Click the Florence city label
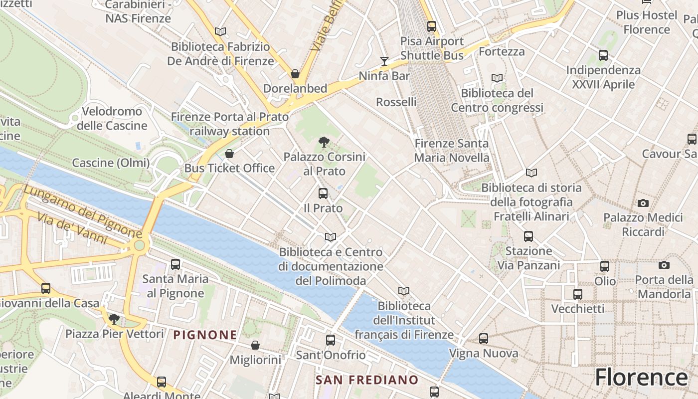[x=641, y=377]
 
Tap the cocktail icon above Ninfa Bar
[x=384, y=61]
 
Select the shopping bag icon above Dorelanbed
[x=295, y=74]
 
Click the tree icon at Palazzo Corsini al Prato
[x=324, y=142]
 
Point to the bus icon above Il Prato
[x=323, y=194]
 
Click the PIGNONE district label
[x=205, y=335]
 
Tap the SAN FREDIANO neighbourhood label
[x=367, y=380]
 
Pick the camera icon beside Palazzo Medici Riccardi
[x=643, y=203]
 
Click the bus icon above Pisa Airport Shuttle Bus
[x=432, y=26]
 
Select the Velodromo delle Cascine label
[x=112, y=118]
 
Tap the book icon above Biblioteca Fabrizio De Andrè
[x=220, y=32]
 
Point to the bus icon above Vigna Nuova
[x=484, y=339]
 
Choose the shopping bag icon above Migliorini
[x=255, y=345]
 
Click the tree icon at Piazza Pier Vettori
[x=114, y=319]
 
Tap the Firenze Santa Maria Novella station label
[x=452, y=151]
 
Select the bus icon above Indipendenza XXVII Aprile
[x=603, y=55]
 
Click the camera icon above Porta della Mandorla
[x=664, y=265]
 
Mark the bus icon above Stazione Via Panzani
[x=528, y=236]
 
